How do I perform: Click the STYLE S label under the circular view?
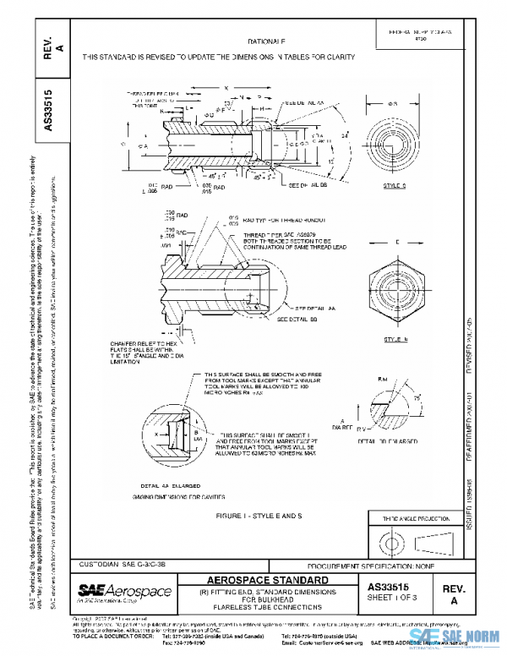point(395,184)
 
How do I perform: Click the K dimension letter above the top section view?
point(226,86)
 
